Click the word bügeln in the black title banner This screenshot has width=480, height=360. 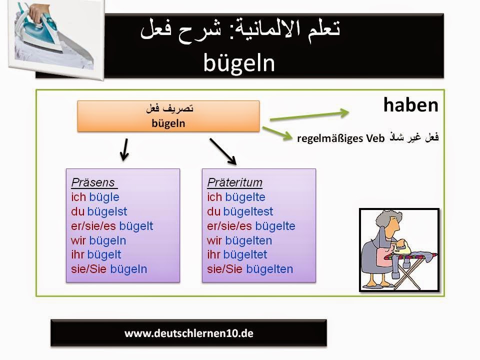tap(239, 63)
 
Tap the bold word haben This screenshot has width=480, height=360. tap(411, 105)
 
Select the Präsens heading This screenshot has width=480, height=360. tap(93, 182)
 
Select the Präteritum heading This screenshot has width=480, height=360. tap(235, 182)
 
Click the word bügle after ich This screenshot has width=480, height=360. tap(104, 197)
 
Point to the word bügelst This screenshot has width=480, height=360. tap(107, 211)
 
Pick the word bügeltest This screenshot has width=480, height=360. tap(248, 211)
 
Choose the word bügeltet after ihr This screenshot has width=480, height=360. tap(245, 254)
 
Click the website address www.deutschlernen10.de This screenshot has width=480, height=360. tap(189, 333)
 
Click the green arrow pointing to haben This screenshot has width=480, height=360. tap(309, 115)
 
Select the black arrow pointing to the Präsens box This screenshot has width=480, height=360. tap(124, 149)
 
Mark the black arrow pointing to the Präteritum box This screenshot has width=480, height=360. tap(223, 151)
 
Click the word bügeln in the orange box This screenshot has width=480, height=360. tap(168, 123)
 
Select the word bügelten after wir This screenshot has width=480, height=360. tap(248, 240)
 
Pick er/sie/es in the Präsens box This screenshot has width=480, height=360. tap(93, 226)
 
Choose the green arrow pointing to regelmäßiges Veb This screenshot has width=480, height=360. tap(277, 134)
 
